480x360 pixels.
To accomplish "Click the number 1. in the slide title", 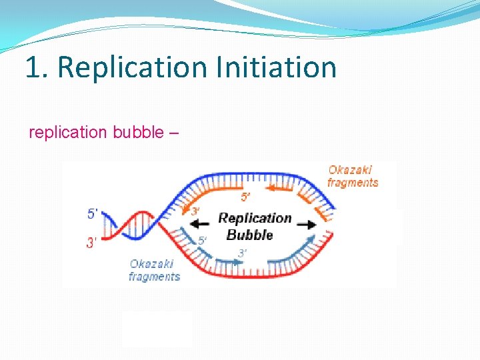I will coord(37,68).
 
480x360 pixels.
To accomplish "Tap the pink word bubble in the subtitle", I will coord(138,132).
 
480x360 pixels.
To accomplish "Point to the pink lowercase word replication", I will coord(68,132).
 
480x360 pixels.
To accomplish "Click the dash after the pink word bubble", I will coord(174,132).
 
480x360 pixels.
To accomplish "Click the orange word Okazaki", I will coord(350,170).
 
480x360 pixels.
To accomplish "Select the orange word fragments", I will coord(353,182).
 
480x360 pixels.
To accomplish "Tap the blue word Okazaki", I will coord(151,264).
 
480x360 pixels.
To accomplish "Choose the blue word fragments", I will coord(154,276).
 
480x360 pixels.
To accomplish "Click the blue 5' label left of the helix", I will coord(93,214).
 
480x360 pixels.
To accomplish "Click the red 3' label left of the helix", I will coord(92,243).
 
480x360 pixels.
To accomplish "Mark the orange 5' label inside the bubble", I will coord(245,197).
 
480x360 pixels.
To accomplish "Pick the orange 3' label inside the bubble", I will coord(195,211).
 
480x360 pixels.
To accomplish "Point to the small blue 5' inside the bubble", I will coord(202,239).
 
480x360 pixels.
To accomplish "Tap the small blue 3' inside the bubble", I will coord(242,253).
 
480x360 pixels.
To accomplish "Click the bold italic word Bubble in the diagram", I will coord(249,235).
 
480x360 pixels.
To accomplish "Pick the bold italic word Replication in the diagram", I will coord(255,218).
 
